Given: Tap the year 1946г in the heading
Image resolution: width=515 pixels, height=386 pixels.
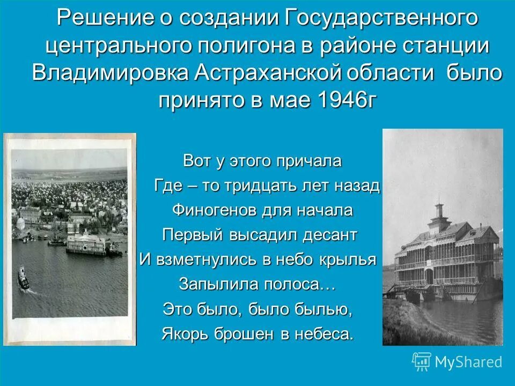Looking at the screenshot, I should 348,100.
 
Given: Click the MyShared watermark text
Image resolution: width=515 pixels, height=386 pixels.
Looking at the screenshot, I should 469,362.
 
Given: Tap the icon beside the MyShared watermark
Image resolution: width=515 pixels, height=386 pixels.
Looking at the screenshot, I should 422,362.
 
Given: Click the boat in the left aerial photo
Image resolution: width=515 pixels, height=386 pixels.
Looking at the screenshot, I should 24,278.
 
